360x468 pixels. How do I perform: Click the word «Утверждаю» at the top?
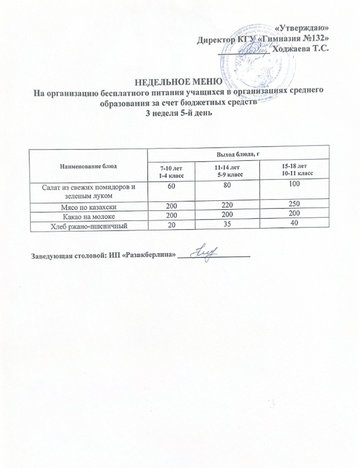tap(303, 27)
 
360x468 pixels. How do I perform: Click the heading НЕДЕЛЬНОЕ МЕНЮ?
tap(178, 82)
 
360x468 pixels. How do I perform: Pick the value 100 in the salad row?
tap(295, 184)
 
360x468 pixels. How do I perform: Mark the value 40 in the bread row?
tap(295, 223)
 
